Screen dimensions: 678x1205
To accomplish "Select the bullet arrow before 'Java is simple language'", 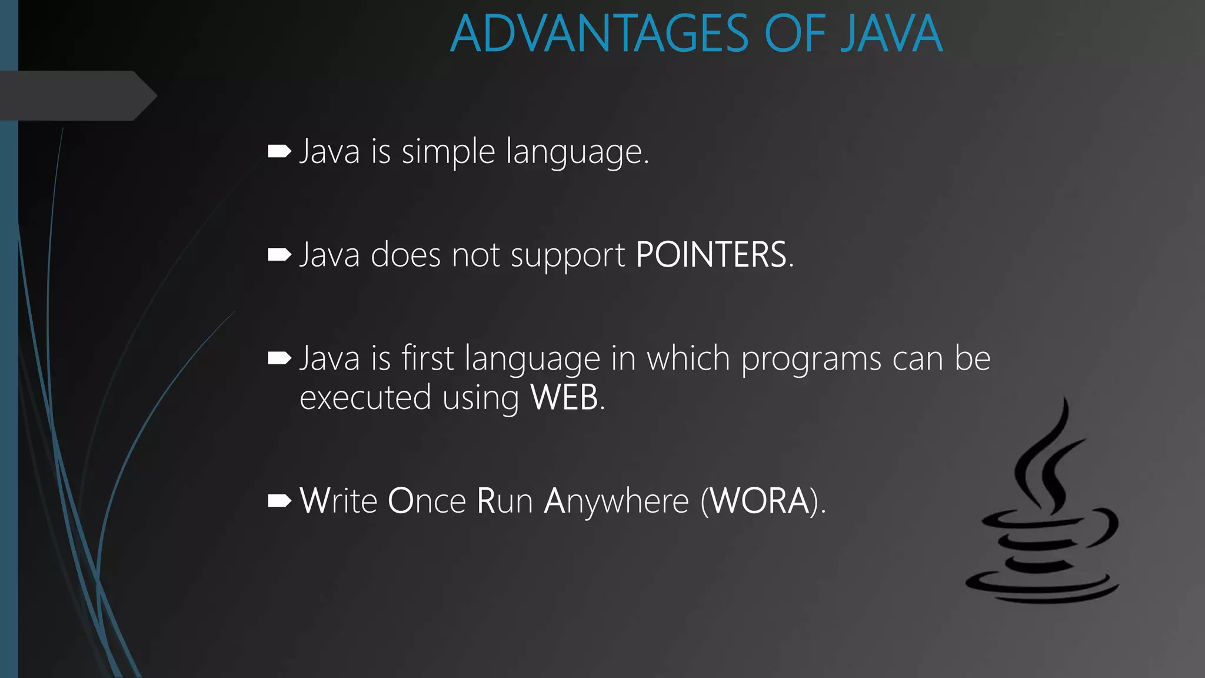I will pos(279,152).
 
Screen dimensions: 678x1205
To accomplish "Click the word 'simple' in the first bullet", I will pos(448,152).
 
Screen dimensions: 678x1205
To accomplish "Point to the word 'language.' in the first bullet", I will pos(577,154).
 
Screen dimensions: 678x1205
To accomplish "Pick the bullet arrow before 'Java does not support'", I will pos(279,255).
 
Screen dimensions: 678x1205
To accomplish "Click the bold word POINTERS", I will pos(711,255).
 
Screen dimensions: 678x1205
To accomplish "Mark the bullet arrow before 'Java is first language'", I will pos(279,358).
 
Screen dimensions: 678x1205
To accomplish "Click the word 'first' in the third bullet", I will pos(428,358).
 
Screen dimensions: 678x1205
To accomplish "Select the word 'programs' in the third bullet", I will pos(811,360).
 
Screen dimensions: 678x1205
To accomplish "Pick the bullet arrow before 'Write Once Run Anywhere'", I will pos(279,501).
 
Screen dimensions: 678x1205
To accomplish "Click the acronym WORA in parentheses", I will pos(760,501).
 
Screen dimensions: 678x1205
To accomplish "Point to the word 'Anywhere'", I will pos(616,502).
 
